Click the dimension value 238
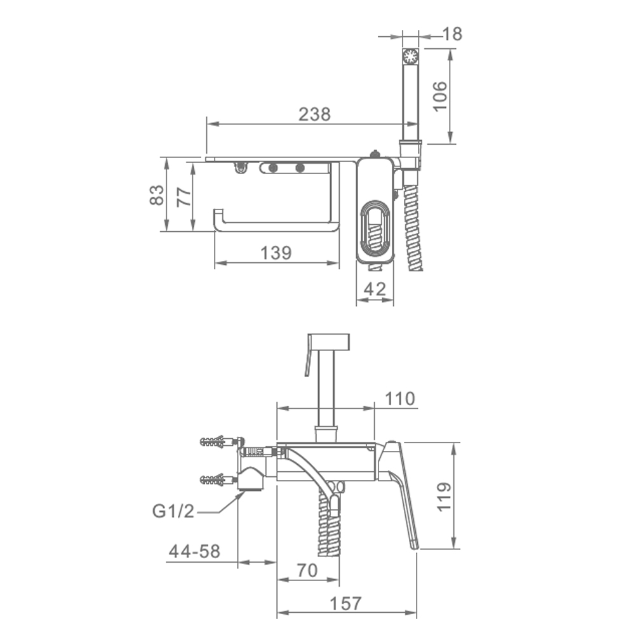315,114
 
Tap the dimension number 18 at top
452,34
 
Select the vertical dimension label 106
440,97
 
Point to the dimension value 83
157,195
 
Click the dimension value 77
184,197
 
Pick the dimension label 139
276,253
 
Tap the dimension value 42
375,289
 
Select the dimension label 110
399,399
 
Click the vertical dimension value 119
444,497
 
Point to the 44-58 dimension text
194,551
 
